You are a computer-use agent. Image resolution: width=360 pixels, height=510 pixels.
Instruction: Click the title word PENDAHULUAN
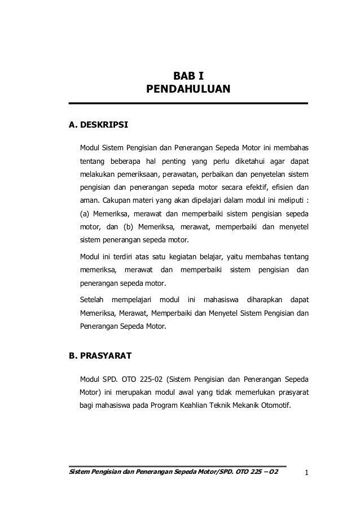[x=188, y=89]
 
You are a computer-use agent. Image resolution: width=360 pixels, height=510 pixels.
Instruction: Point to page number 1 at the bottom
[x=305, y=473]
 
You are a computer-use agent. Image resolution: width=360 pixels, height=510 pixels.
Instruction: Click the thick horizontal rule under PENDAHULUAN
[x=188, y=103]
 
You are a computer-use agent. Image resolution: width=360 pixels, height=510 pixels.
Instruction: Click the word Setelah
[x=91, y=298]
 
